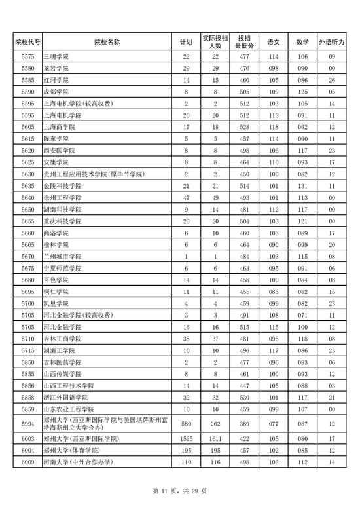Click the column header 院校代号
point(27,42)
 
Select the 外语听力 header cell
point(332,42)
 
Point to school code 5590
point(27,92)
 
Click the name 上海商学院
point(58,127)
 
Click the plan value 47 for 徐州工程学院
point(186,198)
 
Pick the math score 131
point(302,186)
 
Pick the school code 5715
point(27,350)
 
